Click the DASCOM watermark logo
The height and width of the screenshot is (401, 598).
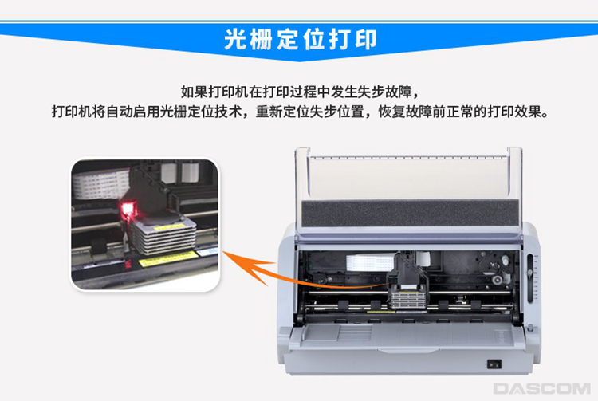point(541,388)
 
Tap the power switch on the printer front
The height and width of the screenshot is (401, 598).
point(494,364)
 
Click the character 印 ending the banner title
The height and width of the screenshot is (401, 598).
point(365,39)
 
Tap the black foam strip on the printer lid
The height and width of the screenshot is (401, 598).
point(411,213)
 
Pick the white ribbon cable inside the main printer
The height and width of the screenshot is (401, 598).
point(370,263)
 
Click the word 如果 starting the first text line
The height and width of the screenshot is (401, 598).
point(195,92)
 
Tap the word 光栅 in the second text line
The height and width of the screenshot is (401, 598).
point(174,112)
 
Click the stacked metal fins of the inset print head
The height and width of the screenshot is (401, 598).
point(164,238)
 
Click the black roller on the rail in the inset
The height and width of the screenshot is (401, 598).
point(99,246)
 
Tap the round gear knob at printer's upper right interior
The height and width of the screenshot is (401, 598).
point(497,281)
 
